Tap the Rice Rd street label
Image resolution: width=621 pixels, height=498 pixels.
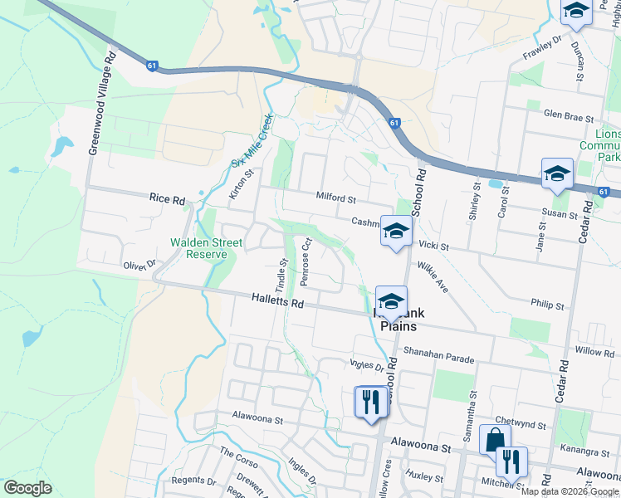[167, 199]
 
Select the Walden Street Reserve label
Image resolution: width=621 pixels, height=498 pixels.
[206, 248]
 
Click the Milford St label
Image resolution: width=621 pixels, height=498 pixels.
[335, 199]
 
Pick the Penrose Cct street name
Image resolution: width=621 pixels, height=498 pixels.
[306, 263]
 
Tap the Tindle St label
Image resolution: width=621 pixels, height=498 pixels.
[281, 273]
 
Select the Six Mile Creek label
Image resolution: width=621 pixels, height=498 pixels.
[251, 140]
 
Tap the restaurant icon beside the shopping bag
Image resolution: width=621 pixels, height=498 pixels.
[511, 461]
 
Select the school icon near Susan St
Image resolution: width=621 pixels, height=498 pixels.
[557, 174]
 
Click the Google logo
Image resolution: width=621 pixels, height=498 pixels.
[27, 488]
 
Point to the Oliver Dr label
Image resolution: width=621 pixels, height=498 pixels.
[139, 266]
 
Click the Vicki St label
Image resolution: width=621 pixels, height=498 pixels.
[433, 247]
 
